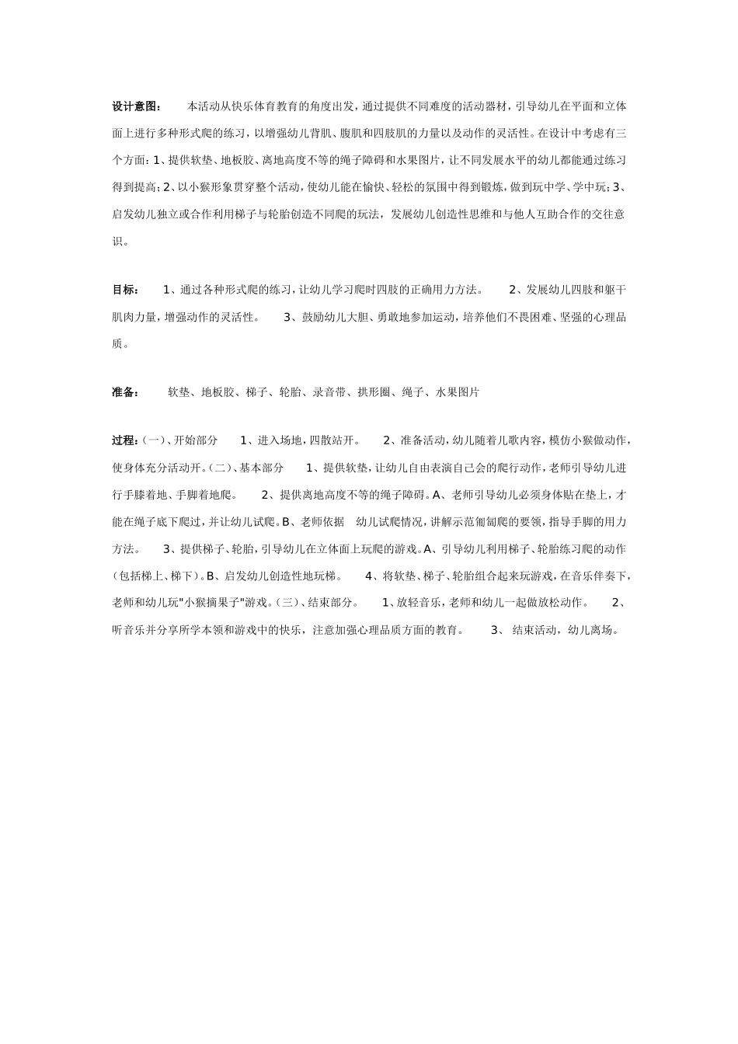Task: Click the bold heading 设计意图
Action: point(137,106)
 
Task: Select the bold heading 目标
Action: point(125,290)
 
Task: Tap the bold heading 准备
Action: point(125,392)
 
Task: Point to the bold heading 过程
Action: point(125,440)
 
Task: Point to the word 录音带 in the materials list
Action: point(329,392)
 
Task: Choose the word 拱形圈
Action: point(374,392)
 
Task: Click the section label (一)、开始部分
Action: point(181,440)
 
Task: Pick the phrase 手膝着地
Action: point(146,495)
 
